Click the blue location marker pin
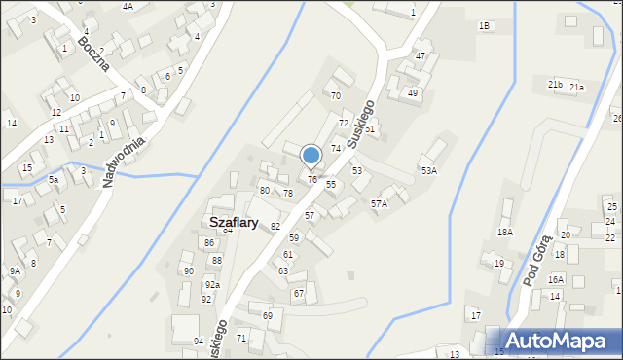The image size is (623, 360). tap(311, 156)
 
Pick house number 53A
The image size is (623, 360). tap(428, 170)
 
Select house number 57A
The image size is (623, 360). tap(379, 203)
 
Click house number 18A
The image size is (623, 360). tap(504, 232)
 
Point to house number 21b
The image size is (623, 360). tap(555, 85)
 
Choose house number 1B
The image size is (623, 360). tap(484, 26)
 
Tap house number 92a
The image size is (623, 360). tap(211, 285)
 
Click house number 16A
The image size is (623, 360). tap(555, 279)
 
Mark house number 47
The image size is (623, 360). tap(421, 55)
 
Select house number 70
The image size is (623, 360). tap(335, 95)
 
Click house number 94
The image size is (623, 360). tap(199, 342)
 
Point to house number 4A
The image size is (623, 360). tap(128, 6)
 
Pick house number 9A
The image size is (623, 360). tap(15, 271)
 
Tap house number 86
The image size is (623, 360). tap(208, 242)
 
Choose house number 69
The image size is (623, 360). tap(267, 315)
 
